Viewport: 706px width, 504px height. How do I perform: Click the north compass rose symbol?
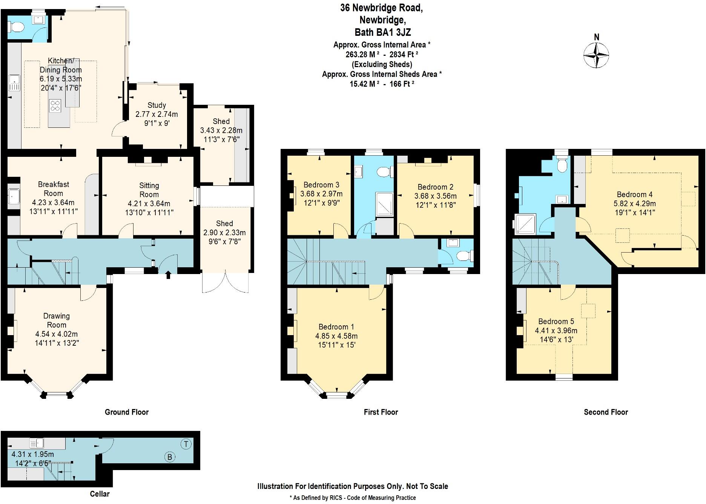[x=596, y=55]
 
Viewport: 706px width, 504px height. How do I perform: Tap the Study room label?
[x=157, y=105]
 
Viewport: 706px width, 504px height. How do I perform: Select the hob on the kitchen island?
[x=55, y=106]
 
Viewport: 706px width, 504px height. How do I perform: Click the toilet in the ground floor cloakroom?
[x=16, y=27]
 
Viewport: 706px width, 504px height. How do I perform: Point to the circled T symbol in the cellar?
[x=186, y=444]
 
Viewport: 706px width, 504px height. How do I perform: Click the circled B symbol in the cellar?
[x=170, y=457]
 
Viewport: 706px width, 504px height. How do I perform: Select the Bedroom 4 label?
[x=634, y=195]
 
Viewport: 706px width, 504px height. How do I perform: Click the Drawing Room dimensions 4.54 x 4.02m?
[x=57, y=334]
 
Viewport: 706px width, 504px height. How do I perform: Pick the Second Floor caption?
[x=606, y=412]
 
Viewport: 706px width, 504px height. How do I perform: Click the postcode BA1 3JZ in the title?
[x=383, y=32]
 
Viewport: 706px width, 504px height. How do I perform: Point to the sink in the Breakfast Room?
[x=14, y=196]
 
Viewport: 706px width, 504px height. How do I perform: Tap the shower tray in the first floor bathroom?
[x=384, y=204]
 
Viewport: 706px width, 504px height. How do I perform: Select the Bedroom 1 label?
[x=336, y=327]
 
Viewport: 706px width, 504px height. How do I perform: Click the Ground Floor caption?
[x=127, y=412]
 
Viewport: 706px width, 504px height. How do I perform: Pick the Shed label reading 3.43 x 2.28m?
[x=221, y=130]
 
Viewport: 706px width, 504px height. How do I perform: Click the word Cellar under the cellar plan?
[x=100, y=494]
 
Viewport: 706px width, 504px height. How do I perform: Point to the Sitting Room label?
[x=149, y=190]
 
